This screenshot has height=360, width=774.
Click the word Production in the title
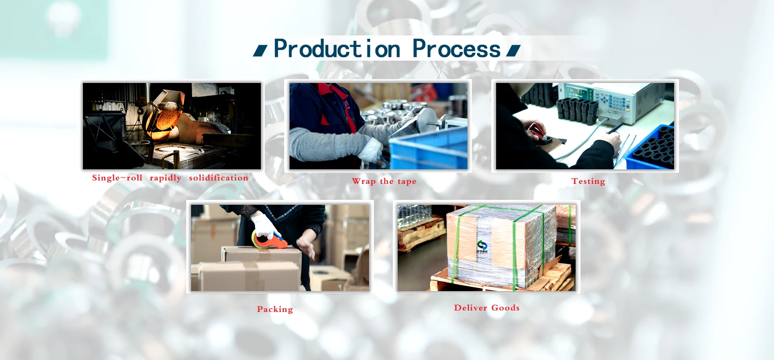[337, 49]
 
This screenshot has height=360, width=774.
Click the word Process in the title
[456, 49]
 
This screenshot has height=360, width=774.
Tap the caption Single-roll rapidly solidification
[170, 178]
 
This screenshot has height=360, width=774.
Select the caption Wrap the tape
[384, 181]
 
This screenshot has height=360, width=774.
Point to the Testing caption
[588, 181]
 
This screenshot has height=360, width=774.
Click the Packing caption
[274, 309]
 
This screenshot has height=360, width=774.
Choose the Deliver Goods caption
[486, 308]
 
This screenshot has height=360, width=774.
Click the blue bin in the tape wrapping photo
[429, 148]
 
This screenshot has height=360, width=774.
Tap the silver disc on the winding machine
[427, 119]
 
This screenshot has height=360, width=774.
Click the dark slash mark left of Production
[260, 51]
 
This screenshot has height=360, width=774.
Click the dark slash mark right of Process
[514, 51]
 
